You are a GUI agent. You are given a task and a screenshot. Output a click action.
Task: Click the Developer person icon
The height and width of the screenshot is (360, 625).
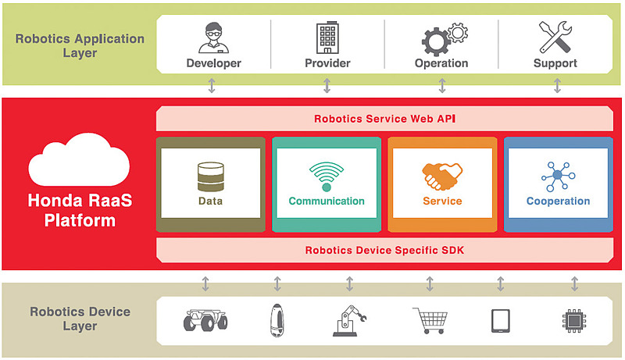click(x=213, y=37)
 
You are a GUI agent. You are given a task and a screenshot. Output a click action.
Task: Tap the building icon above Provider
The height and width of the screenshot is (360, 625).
click(x=327, y=37)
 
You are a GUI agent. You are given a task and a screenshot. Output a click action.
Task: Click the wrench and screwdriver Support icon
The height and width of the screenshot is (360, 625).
click(x=555, y=37)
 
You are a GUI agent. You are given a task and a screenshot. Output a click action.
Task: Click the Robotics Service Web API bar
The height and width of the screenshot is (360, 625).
click(x=384, y=119)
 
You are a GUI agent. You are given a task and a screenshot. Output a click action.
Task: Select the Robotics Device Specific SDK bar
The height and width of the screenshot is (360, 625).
click(x=384, y=251)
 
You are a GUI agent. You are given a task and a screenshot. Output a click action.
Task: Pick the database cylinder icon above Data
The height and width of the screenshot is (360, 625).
click(x=210, y=176)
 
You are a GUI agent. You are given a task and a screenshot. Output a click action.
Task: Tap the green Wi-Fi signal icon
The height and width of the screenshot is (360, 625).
click(x=326, y=176)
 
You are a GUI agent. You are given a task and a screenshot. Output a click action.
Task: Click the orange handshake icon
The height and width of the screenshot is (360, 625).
click(x=442, y=176)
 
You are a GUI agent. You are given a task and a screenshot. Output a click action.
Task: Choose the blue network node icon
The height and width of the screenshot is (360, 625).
click(x=558, y=176)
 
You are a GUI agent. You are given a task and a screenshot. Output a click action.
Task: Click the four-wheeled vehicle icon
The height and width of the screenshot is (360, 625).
click(x=205, y=320)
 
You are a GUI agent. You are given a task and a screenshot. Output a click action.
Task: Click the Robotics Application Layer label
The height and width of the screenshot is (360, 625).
click(x=80, y=45)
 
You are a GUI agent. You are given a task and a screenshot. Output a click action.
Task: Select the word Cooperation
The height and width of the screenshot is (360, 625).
click(x=558, y=201)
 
